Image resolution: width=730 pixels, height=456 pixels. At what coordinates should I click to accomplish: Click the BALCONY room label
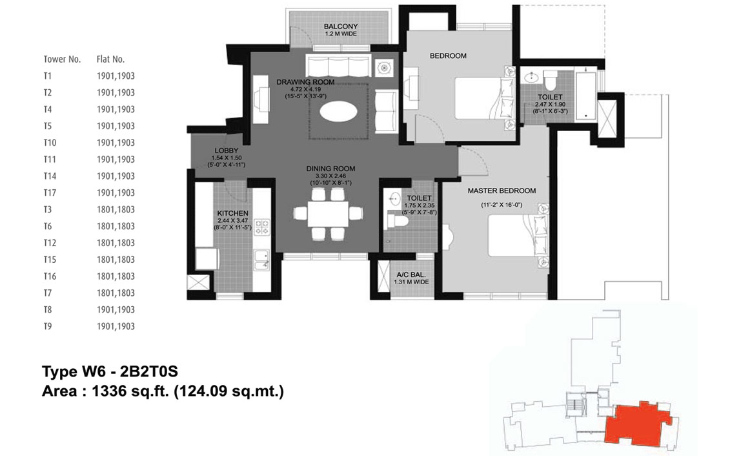(341, 26)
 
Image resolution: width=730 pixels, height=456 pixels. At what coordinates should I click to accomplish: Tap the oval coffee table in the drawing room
(339, 112)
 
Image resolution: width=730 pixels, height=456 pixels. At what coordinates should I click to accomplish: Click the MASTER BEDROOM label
(502, 191)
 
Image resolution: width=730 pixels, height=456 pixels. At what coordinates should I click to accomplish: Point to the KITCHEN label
(233, 213)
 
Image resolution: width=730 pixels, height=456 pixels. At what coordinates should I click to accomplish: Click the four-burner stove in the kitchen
(262, 227)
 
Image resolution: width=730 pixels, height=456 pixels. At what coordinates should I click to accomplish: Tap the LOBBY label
(227, 150)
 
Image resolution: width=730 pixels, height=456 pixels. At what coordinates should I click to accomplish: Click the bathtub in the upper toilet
(585, 96)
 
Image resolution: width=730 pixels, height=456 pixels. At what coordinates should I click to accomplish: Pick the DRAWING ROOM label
(305, 82)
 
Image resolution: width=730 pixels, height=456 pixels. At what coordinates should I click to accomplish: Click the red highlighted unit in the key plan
(638, 422)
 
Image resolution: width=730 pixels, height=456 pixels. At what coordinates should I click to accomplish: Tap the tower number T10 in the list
(50, 143)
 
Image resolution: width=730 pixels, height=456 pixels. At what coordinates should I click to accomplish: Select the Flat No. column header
(111, 59)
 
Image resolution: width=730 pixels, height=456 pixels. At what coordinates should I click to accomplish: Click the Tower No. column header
(63, 59)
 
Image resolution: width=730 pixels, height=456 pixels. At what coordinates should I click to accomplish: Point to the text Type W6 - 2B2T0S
(110, 371)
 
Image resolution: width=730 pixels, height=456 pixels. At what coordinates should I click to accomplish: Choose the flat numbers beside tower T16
(116, 276)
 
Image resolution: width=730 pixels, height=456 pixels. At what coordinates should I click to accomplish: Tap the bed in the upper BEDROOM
(485, 98)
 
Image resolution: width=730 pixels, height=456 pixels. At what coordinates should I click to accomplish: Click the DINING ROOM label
(330, 169)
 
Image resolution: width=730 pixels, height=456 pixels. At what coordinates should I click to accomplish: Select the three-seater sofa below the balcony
(338, 65)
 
